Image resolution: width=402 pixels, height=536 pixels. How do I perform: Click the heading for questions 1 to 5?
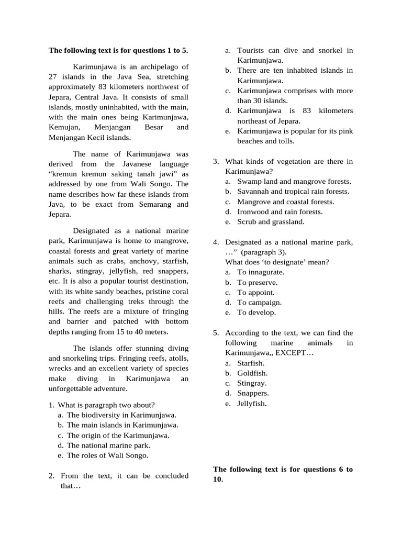tap(118, 51)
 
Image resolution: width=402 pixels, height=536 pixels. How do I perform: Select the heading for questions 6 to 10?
tap(283, 474)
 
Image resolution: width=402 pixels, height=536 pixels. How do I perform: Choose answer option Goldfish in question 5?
tap(252, 373)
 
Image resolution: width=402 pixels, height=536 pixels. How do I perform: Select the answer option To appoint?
tap(255, 293)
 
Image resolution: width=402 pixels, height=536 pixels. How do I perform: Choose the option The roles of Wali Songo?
tap(107, 455)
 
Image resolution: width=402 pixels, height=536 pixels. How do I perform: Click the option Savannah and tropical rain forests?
tap(293, 192)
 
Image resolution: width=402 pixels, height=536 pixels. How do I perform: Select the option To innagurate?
tap(261, 272)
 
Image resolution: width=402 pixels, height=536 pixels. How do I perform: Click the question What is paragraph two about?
tap(106, 405)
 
